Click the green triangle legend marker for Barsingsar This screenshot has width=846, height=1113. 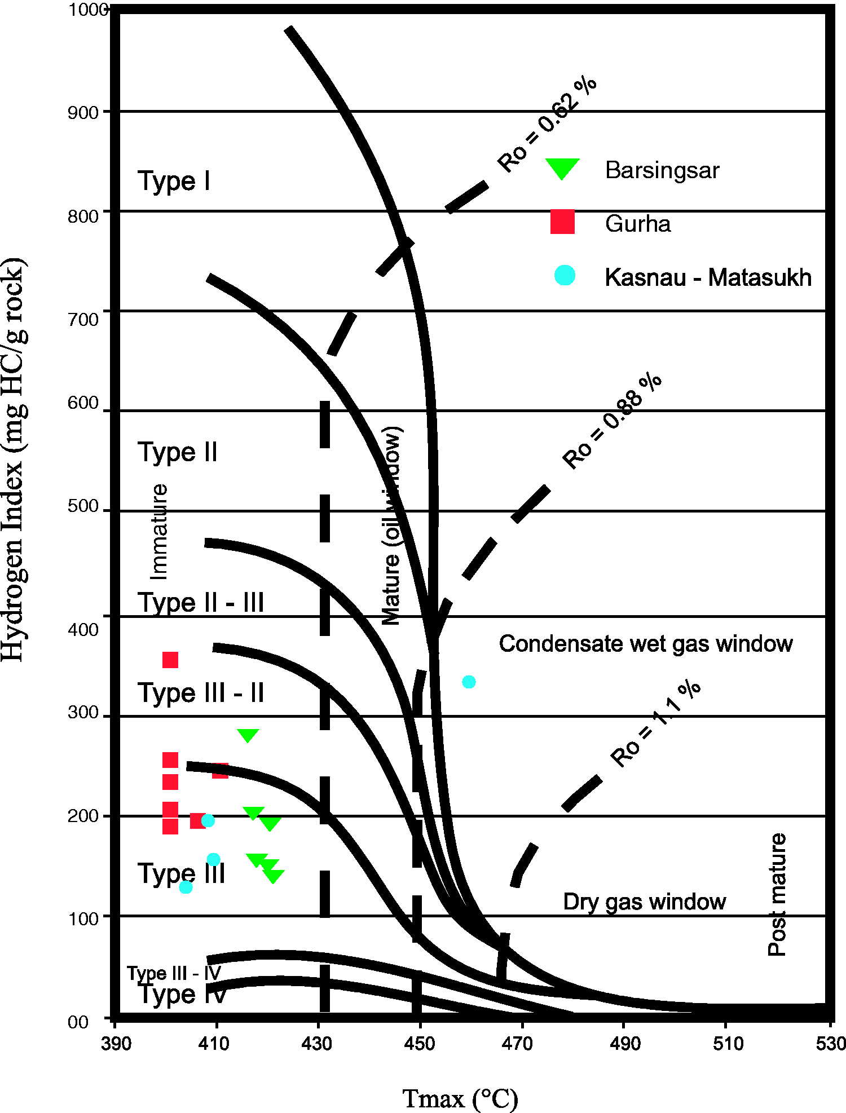(562, 168)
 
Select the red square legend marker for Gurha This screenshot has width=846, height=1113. (562, 222)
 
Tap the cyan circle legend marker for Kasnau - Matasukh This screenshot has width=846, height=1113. (565, 275)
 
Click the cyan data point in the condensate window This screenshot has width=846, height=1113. (469, 682)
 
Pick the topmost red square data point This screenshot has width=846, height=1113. (170, 660)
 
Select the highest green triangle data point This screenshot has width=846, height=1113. (248, 735)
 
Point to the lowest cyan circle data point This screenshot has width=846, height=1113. (186, 887)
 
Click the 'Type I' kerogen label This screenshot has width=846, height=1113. (174, 181)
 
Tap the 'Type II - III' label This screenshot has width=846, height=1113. (201, 602)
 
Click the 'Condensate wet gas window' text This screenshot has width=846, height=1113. (646, 643)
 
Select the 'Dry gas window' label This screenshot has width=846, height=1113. (644, 902)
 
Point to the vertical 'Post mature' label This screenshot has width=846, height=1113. (777, 894)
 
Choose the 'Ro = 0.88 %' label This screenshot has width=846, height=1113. (612, 421)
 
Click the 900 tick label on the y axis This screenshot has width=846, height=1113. (83, 113)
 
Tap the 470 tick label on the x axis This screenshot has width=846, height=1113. (517, 1044)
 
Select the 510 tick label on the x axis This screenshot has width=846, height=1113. (728, 1044)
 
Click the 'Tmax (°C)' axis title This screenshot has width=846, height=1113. (460, 1098)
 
